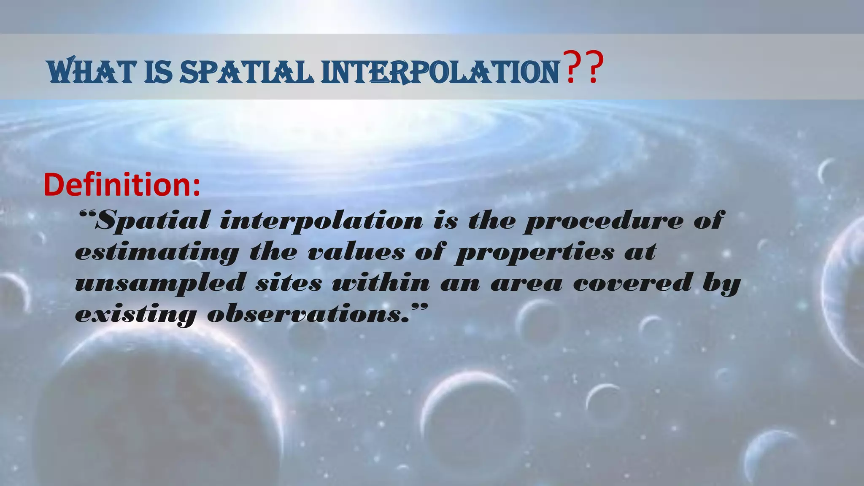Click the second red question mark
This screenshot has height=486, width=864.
[591, 67]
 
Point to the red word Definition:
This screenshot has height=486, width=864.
[121, 185]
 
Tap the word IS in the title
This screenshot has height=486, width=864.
[158, 72]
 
